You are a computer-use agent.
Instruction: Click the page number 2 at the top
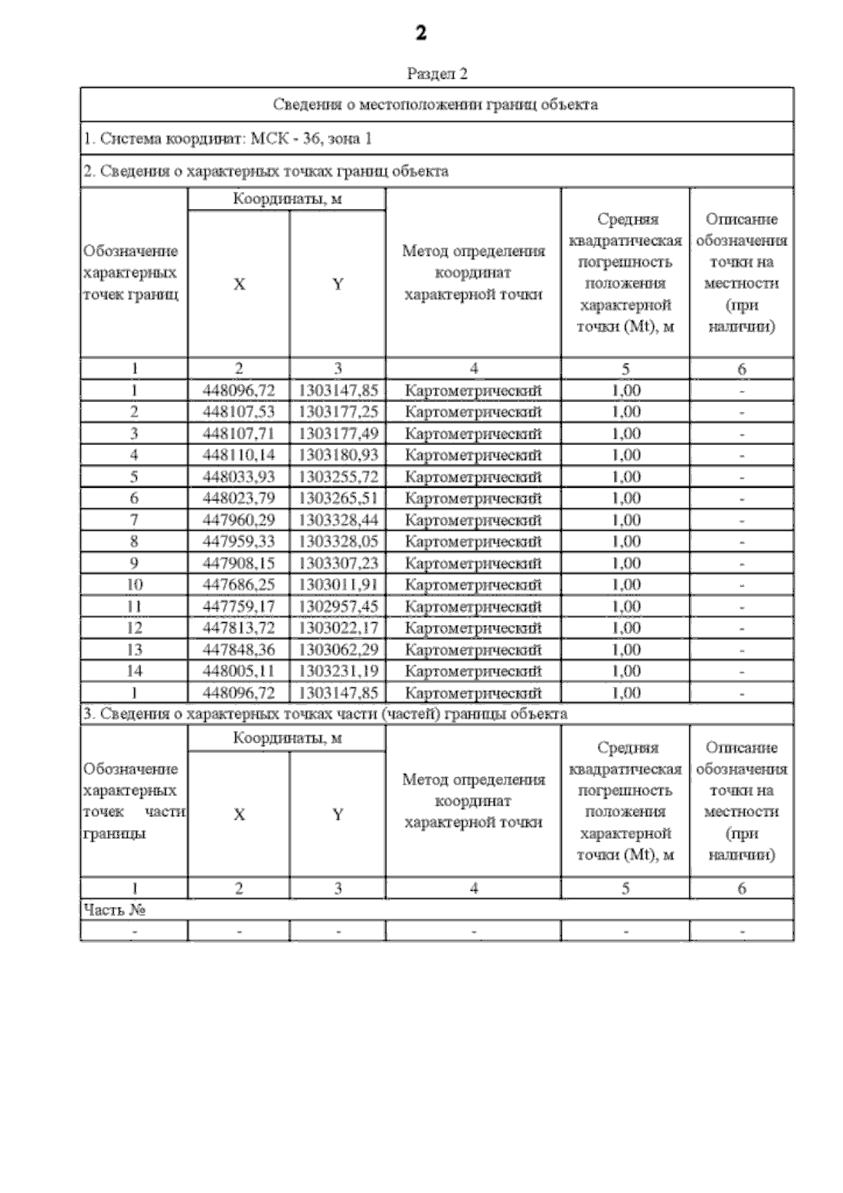(x=421, y=33)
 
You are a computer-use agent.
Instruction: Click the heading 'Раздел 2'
(x=437, y=74)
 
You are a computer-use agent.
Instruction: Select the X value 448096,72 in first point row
(x=239, y=390)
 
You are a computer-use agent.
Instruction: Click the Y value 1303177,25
(x=338, y=411)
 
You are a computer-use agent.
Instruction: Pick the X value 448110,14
(x=239, y=455)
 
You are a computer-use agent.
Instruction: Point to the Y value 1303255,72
(x=338, y=477)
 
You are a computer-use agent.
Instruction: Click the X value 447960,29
(x=239, y=520)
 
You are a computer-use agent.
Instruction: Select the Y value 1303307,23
(x=338, y=563)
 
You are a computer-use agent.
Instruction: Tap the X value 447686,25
(x=239, y=585)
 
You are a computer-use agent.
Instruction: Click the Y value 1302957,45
(x=338, y=607)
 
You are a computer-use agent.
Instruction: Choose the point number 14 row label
(x=134, y=671)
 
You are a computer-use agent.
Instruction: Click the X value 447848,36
(x=239, y=650)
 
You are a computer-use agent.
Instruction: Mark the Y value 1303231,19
(x=338, y=671)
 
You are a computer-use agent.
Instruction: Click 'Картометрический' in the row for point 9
(x=473, y=563)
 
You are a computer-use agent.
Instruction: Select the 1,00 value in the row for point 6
(x=625, y=498)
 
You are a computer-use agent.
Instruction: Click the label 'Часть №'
(x=115, y=910)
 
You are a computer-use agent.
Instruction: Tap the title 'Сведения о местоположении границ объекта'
(x=436, y=105)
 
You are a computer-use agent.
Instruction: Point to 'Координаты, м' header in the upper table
(x=287, y=199)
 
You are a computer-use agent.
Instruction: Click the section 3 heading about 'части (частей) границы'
(x=325, y=714)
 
